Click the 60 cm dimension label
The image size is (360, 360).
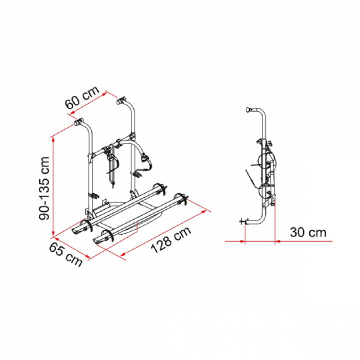pos(82,97)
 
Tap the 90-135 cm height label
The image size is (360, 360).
pos(44,188)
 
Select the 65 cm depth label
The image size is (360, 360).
pos(66,255)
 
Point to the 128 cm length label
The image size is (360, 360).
pos(171,239)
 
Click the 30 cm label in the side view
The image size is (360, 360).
pos(308,232)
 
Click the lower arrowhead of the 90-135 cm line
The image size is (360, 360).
pos(53,232)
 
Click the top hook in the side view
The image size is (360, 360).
pos(249,109)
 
